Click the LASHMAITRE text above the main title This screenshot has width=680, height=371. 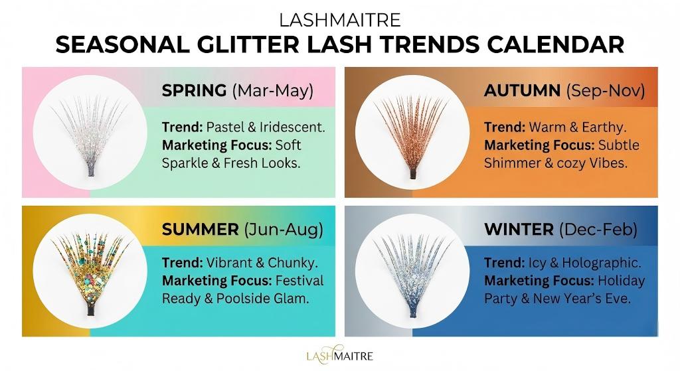tap(340, 19)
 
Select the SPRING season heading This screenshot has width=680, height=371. tap(194, 91)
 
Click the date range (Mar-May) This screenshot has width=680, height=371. tap(272, 91)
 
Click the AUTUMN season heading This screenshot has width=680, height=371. tap(522, 91)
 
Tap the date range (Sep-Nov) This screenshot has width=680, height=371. tap(605, 91)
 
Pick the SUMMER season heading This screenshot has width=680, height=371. tap(200, 230)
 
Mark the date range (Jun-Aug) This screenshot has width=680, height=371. tap(284, 230)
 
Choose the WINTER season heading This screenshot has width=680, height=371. tap(519, 230)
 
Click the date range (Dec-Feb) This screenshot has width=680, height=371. tap(598, 230)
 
